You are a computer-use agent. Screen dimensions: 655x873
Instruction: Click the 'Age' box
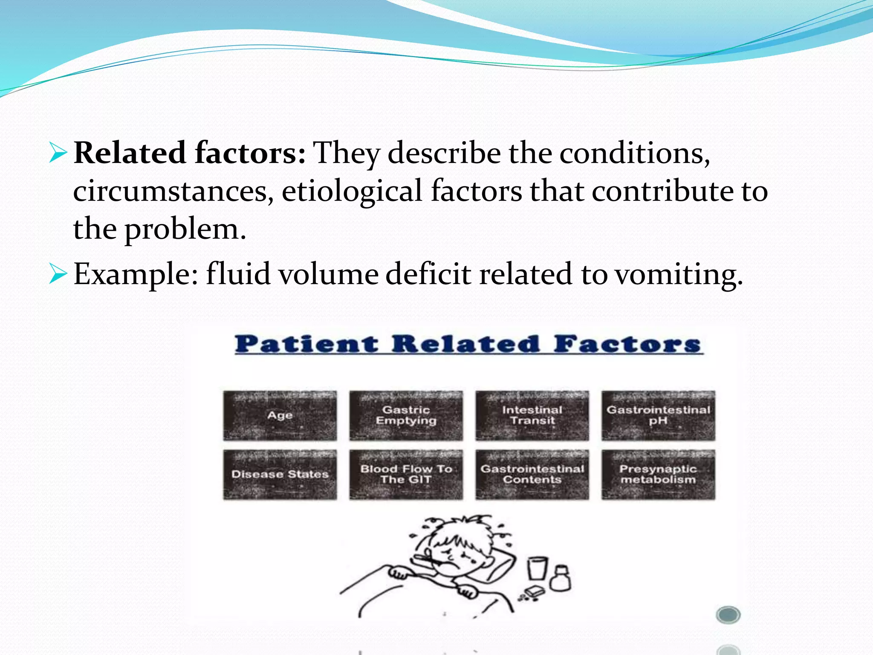[280, 415]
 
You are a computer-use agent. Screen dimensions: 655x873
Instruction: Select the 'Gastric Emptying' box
[406, 415]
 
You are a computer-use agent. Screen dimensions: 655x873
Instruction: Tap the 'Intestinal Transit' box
[532, 415]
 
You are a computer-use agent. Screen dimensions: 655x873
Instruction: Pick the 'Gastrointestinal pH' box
[658, 415]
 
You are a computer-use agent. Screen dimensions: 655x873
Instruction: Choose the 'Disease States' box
[280, 474]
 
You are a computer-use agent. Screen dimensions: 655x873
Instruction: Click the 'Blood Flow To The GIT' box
[406, 474]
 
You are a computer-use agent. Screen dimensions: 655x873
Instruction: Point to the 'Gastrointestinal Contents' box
[532, 474]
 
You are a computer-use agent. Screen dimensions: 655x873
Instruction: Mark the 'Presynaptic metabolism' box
[658, 474]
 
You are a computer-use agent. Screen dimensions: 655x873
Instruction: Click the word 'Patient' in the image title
[306, 345]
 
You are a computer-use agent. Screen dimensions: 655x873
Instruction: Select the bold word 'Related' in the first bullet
[130, 153]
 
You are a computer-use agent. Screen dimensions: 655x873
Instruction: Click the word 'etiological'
[352, 191]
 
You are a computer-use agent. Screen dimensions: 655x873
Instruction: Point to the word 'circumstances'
[173, 191]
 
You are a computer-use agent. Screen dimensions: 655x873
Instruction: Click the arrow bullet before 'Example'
[58, 273]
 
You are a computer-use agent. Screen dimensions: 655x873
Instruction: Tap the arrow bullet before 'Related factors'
[58, 153]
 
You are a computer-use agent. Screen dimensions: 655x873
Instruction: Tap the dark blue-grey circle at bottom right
[728, 614]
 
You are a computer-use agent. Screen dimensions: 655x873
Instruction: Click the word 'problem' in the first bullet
[185, 229]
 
